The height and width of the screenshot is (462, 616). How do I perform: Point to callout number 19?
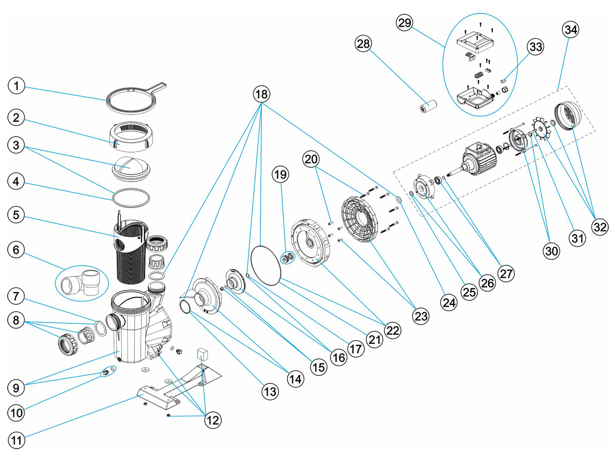point(281,175)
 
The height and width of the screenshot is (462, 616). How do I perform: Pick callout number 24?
point(450,303)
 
